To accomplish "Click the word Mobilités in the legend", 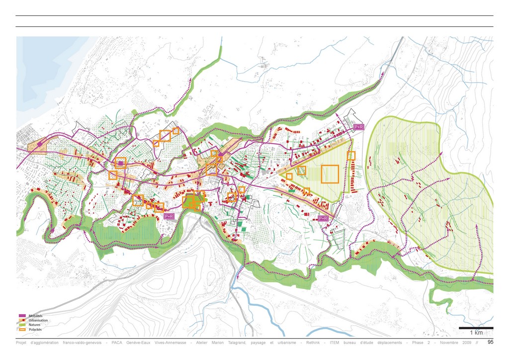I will click(36, 316).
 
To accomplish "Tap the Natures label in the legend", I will click(35, 325).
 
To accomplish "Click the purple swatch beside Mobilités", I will click(22, 316).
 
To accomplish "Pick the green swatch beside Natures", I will click(22, 325).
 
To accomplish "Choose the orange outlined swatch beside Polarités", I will click(22, 330).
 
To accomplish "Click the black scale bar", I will click(476, 328).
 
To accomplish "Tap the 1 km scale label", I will click(476, 333).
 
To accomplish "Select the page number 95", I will click(491, 342).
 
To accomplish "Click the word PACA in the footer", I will click(117, 343).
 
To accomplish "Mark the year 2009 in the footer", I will click(466, 343).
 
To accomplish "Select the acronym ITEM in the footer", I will click(336, 343).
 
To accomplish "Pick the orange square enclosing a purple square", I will click(120, 163).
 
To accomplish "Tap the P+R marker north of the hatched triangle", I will click(358, 127).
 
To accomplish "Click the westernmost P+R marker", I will click(169, 216).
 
